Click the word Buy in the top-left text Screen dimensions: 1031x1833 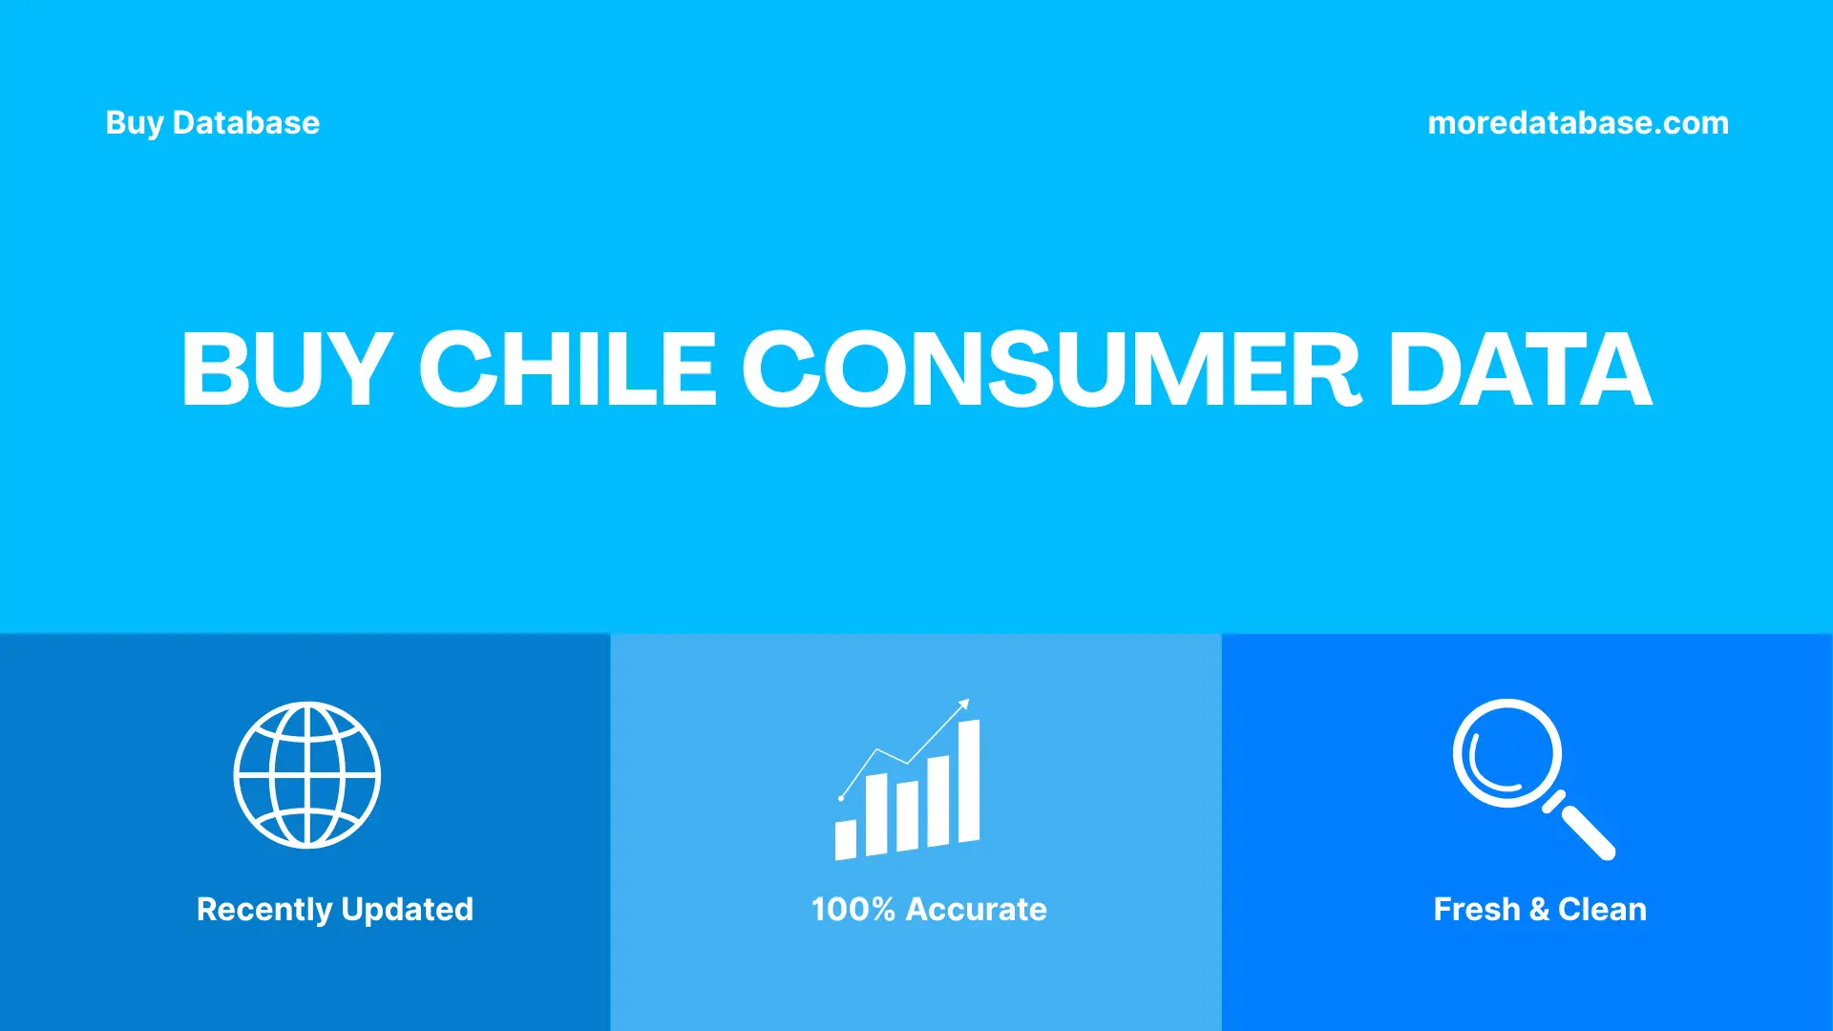pos(134,123)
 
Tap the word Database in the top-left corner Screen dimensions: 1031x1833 pos(245,123)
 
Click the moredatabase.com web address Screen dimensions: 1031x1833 pos(1577,123)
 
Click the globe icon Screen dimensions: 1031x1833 pos(306,775)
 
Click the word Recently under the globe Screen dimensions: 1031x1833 pos(264,909)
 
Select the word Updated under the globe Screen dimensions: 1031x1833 pos(407,909)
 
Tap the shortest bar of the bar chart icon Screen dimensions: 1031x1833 pos(845,839)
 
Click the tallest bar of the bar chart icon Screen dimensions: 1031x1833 pos(968,781)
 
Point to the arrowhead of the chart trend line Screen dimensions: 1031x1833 pos(964,705)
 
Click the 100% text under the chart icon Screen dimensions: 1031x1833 pos(853,909)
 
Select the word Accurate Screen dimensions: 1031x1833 pos(976,909)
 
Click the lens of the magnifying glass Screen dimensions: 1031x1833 pos(1506,753)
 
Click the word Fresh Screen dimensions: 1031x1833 pos(1476,909)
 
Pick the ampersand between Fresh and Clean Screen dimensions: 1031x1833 pos(1539,910)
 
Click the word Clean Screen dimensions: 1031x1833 pos(1602,909)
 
